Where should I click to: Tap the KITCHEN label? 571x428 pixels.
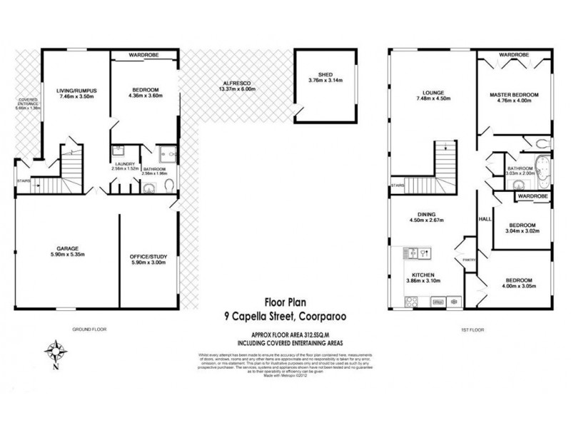pos(424,275)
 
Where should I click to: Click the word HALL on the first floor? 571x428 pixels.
pos(482,219)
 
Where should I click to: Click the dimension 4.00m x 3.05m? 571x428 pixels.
pos(519,287)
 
